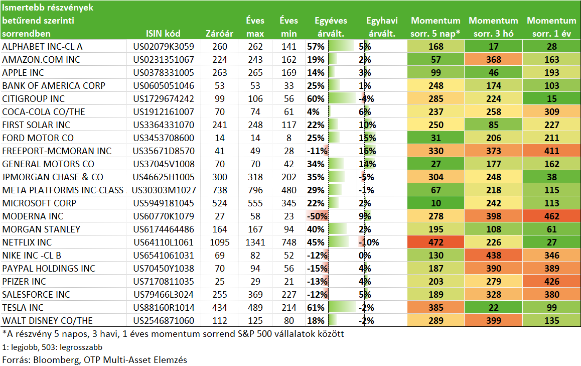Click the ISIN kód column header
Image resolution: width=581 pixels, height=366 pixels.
(x=163, y=33)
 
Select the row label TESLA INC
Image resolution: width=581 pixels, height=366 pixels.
(x=23, y=307)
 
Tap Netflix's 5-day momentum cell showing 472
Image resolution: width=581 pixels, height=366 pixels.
(x=435, y=242)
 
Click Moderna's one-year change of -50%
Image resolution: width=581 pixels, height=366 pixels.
(x=317, y=216)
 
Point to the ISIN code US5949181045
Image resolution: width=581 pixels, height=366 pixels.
(x=164, y=203)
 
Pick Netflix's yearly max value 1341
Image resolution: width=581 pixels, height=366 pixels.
(x=255, y=242)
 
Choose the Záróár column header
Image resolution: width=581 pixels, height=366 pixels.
(x=219, y=33)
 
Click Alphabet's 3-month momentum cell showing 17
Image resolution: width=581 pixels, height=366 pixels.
(x=494, y=46)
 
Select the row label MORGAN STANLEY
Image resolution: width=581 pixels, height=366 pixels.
(x=41, y=229)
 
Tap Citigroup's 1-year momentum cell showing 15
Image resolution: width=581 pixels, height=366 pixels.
(x=552, y=98)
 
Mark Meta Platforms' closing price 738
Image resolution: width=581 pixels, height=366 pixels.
(x=220, y=190)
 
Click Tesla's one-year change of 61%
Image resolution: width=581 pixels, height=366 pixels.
(x=316, y=307)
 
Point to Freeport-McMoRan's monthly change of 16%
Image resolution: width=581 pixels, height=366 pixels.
(x=367, y=151)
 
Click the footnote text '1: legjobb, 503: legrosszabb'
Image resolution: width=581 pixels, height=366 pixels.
(x=52, y=347)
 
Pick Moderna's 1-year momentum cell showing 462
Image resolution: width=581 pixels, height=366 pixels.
(x=552, y=216)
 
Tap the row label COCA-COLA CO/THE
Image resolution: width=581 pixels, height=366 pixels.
(x=44, y=111)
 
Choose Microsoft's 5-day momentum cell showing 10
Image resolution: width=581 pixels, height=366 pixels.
(x=435, y=203)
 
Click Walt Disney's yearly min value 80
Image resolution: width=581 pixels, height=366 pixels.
(x=288, y=321)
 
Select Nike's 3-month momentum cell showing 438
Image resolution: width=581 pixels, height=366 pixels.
(x=494, y=255)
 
